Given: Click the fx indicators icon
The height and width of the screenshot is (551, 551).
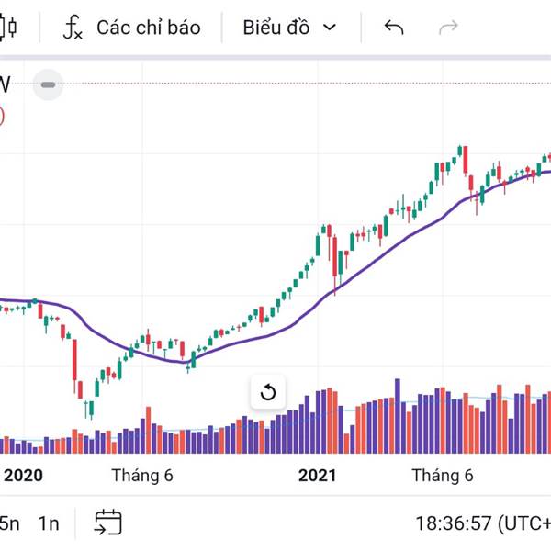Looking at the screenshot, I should [73, 28].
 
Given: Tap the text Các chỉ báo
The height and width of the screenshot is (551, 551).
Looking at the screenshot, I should [148, 28].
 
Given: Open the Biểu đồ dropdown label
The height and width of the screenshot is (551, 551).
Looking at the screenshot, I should [275, 28].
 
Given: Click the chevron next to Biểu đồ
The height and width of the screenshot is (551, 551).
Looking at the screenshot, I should [330, 28].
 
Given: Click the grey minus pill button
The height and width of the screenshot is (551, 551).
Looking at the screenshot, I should [48, 85].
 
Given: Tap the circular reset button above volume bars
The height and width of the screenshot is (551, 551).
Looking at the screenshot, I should [268, 393].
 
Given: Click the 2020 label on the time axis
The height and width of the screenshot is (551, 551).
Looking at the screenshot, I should [24, 475].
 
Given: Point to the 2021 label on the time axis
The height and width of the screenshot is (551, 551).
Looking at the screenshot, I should [317, 475].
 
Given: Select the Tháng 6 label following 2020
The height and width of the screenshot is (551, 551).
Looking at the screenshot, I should [142, 475].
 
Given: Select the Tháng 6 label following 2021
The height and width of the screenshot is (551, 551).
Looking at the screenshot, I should [442, 475].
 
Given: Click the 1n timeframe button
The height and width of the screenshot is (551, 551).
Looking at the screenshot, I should [49, 523].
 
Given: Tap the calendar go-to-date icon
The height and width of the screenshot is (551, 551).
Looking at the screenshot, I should [107, 523].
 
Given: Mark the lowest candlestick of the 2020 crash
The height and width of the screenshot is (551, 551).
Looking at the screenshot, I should [89, 408].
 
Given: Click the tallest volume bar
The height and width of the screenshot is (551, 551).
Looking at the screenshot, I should [398, 416].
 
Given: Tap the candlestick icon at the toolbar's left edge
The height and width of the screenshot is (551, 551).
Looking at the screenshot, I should [9, 28].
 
